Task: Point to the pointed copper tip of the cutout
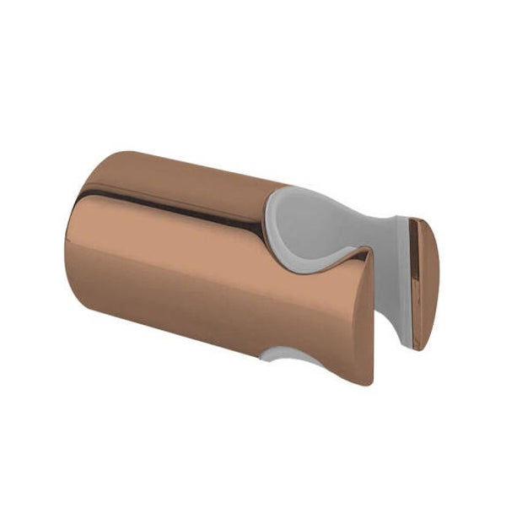coord(369,251)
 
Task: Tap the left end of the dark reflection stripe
coord(78,194)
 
